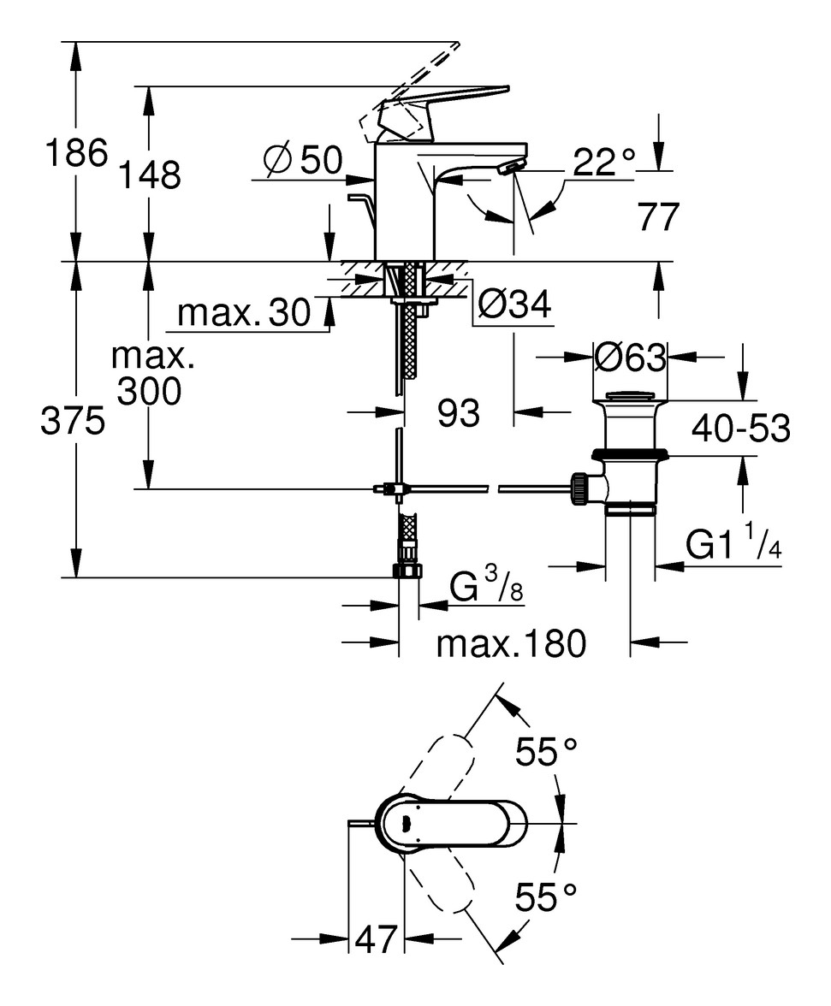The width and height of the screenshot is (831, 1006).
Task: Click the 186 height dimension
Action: coord(75,154)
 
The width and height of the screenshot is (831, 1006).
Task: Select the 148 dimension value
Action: coord(149,175)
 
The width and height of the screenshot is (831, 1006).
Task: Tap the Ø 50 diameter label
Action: coord(303,160)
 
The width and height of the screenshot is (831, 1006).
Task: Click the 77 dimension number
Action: coord(658,217)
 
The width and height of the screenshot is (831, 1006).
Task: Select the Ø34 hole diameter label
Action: coord(513,305)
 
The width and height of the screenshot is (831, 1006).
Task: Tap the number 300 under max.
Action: coord(149,392)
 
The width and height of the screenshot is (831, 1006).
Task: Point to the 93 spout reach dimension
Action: coord(459,413)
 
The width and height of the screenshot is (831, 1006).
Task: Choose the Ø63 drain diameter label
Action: coord(630,358)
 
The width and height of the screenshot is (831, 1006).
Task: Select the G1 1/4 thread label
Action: coord(734,544)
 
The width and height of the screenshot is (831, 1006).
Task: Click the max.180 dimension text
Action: coord(511,643)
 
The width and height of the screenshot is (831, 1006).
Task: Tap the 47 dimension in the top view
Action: coord(377,940)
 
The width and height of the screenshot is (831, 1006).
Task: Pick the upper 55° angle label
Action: coord(546,753)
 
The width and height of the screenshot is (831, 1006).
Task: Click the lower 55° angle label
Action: coord(546,897)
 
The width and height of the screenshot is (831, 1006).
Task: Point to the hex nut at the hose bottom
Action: coord(408,571)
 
